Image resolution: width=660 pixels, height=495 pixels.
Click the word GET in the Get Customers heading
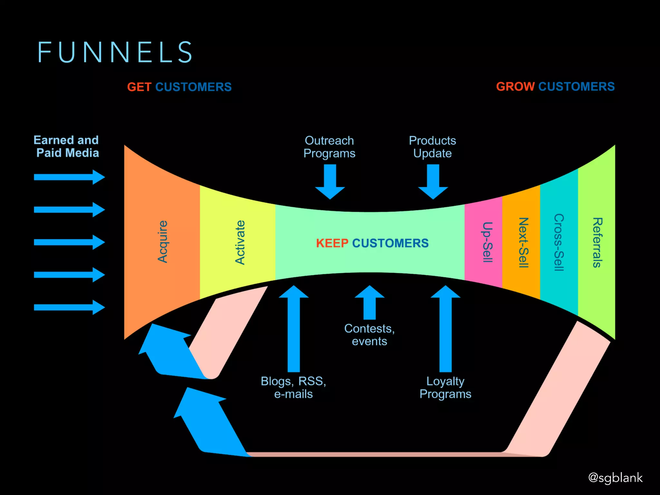pyautogui.click(x=139, y=87)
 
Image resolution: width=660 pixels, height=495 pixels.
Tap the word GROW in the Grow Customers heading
pyautogui.click(x=515, y=86)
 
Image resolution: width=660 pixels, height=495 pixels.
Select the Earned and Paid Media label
pyautogui.click(x=67, y=147)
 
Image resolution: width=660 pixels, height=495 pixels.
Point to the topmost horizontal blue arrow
pyautogui.click(x=69, y=177)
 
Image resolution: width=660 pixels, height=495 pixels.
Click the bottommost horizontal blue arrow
pyautogui.click(x=69, y=307)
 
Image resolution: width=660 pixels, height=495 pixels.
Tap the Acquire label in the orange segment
pyautogui.click(x=163, y=242)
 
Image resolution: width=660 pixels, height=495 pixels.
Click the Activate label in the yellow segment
pyautogui.click(x=240, y=242)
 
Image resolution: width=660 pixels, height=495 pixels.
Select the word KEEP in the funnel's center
pyautogui.click(x=332, y=243)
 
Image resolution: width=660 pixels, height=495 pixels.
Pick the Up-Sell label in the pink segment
pyautogui.click(x=488, y=242)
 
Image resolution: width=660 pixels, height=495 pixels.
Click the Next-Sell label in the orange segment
pyautogui.click(x=523, y=242)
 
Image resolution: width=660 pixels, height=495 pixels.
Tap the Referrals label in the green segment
pyautogui.click(x=597, y=242)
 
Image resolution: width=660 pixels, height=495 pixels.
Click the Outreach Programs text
pyautogui.click(x=329, y=147)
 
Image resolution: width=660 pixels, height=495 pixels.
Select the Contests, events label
pyautogui.click(x=369, y=335)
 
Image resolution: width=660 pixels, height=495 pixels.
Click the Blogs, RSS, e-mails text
pyautogui.click(x=293, y=387)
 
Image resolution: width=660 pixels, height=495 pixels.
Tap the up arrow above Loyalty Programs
pyautogui.click(x=446, y=329)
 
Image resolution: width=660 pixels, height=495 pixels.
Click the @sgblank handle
pyautogui.click(x=615, y=478)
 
